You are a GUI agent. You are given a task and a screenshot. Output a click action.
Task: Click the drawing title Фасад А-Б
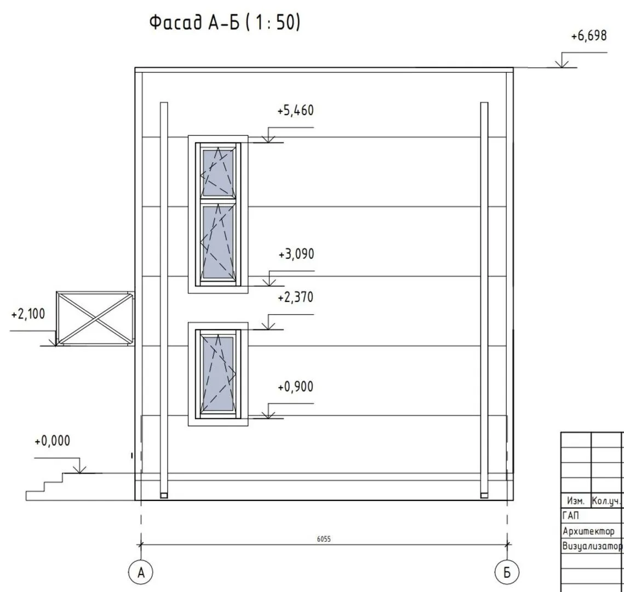pos(194,22)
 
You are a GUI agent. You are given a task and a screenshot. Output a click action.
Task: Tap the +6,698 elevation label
pos(589,36)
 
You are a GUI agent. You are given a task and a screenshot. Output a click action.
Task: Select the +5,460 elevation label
pos(295,110)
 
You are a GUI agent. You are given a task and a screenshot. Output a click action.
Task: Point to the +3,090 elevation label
pos(296,254)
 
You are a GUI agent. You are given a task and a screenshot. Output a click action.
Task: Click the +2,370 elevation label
pos(295,298)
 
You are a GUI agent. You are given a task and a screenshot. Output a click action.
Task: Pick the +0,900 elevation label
pos(295,386)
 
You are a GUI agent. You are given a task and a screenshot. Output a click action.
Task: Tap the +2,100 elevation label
pos(28,314)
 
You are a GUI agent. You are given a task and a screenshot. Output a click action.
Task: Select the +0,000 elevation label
pos(52,441)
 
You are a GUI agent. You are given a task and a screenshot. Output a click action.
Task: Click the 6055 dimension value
pos(324,539)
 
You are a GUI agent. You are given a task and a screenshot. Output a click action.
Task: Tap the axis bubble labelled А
pos(140,572)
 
